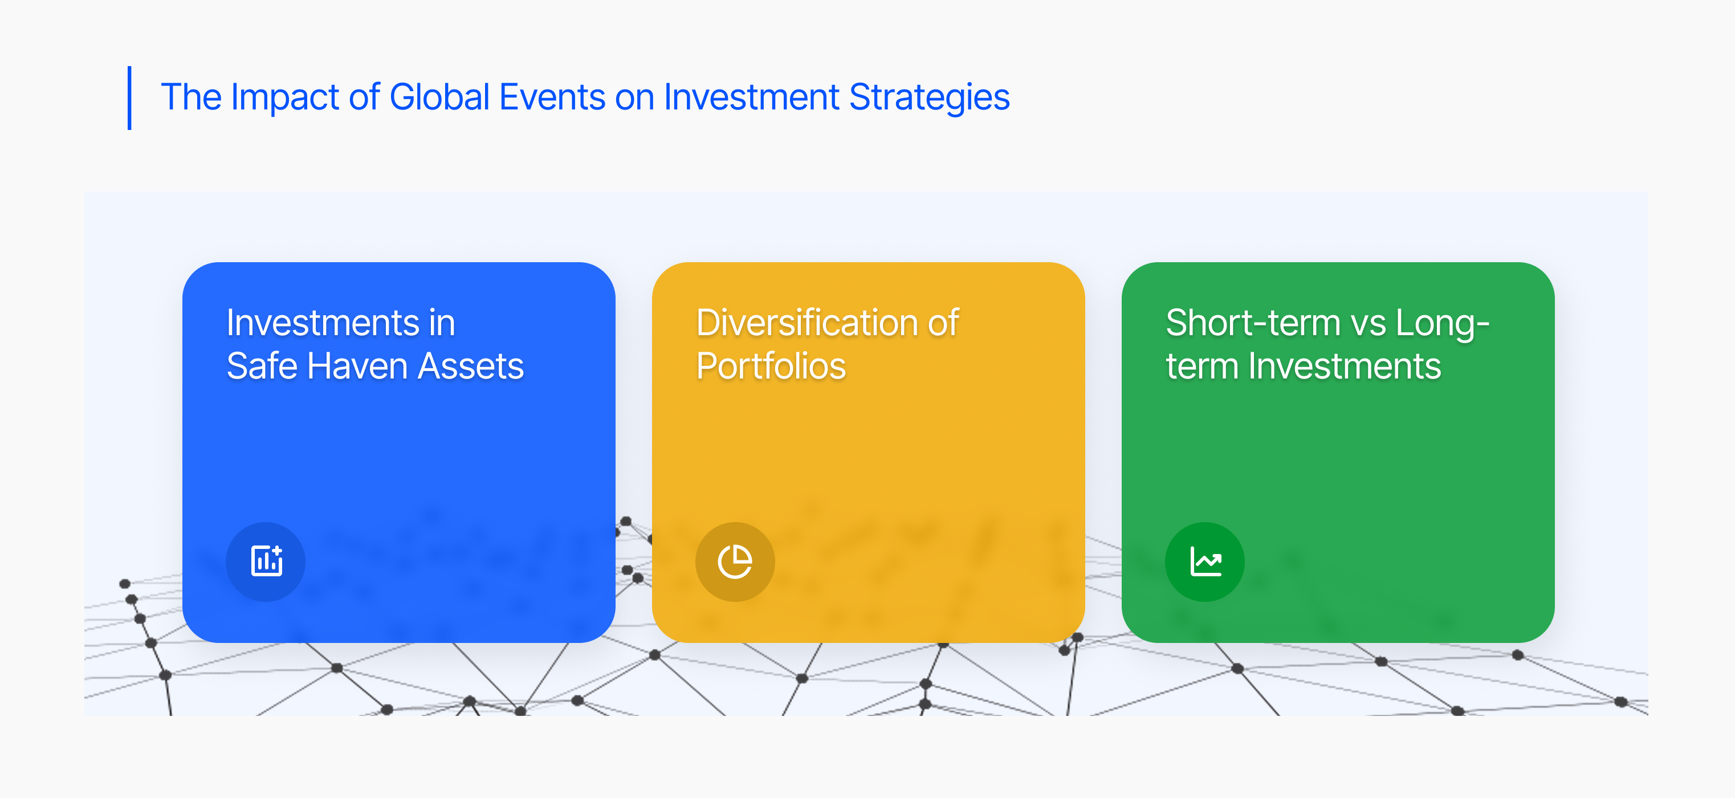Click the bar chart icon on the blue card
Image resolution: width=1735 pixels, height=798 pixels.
266,561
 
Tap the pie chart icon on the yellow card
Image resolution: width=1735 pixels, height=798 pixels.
735,561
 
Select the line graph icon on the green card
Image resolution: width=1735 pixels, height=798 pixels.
1205,561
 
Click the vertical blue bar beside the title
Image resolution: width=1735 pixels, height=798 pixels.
129,97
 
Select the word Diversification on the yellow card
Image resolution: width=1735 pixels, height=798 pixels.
807,323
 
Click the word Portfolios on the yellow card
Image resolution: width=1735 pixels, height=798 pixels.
771,366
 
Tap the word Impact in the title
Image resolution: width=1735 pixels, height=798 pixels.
284,97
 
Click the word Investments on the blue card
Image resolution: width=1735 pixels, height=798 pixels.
323,323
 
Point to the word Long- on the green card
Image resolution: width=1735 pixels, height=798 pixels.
1442,324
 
